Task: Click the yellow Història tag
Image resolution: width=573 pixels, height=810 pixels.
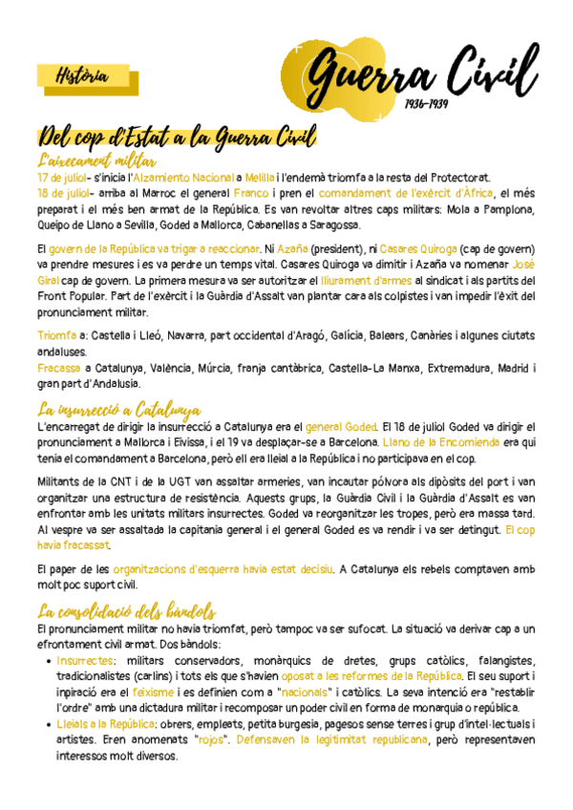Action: click(x=81, y=76)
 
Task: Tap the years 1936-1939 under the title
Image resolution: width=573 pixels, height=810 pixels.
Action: click(x=427, y=102)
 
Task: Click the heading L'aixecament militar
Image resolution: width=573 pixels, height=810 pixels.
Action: click(x=96, y=160)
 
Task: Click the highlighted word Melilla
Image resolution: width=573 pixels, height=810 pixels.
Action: click(x=258, y=178)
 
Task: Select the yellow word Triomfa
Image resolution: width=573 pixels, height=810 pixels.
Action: click(x=57, y=335)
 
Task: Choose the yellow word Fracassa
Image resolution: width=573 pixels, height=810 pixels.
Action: click(x=59, y=368)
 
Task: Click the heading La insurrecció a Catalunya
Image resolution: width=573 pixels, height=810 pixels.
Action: click(x=118, y=411)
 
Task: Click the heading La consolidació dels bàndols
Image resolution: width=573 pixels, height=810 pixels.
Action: click(x=126, y=611)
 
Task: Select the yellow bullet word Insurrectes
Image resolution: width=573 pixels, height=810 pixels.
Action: click(x=85, y=660)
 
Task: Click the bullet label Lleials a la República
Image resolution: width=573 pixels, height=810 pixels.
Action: click(x=104, y=725)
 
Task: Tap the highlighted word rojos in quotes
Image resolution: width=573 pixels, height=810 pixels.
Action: click(x=212, y=741)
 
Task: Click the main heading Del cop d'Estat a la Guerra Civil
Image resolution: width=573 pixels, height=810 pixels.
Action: click(x=178, y=139)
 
